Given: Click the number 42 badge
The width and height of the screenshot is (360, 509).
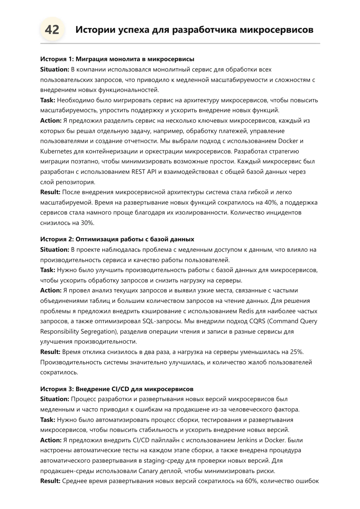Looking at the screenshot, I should (x=52, y=30).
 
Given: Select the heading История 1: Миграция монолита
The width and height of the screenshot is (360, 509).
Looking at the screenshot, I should (x=117, y=59).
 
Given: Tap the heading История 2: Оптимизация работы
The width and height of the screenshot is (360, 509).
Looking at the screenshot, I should (x=117, y=239).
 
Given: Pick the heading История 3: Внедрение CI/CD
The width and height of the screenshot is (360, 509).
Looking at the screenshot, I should (x=117, y=389).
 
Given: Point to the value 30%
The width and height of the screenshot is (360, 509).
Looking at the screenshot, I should (x=87, y=223).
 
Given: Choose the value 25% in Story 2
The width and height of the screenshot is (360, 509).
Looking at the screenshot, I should (x=296, y=352).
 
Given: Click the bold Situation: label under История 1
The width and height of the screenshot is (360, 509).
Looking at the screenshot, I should (x=55, y=69).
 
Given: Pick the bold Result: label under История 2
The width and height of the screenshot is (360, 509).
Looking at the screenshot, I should (x=50, y=352).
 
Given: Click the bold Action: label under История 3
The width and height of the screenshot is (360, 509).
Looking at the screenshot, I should (x=51, y=440).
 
